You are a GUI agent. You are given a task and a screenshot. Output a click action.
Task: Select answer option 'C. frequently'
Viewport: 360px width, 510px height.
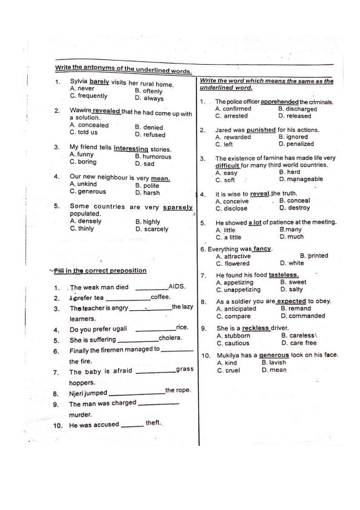[88, 96]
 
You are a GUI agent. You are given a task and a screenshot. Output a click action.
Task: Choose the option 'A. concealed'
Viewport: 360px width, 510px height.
[89, 125]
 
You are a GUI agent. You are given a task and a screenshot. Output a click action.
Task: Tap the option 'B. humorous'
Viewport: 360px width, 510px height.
[153, 156]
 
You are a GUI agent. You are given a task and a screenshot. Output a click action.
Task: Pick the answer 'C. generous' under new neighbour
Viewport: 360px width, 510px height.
[88, 191]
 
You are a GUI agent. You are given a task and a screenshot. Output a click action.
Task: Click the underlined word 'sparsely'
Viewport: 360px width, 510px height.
[178, 207]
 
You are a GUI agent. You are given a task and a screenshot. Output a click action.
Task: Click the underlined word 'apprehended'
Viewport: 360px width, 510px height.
[279, 102]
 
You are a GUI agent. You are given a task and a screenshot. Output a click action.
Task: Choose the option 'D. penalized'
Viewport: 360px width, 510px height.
[296, 144]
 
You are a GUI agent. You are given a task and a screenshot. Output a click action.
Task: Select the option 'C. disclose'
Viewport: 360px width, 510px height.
[231, 208]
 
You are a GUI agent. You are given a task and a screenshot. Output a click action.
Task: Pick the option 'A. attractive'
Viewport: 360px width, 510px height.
[233, 256]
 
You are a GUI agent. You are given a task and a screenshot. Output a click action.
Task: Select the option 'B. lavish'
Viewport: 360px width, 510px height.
[273, 363]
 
